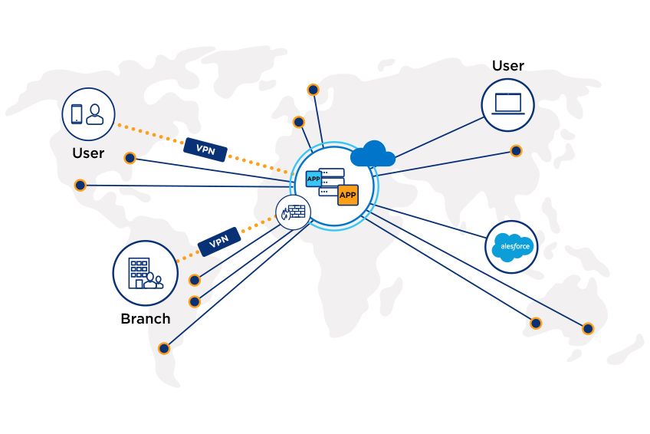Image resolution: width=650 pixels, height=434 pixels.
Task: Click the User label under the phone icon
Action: coord(88,153)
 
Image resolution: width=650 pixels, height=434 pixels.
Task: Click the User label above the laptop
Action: coord(508,66)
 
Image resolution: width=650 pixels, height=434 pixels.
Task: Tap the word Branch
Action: coord(146,318)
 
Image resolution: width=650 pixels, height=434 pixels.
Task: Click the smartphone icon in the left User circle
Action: coord(77,113)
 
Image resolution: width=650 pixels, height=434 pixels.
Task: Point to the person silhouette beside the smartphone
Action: coord(95,114)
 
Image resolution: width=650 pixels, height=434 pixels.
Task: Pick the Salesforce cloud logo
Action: coord(512,247)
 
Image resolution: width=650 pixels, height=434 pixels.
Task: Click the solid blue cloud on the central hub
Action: coord(373,154)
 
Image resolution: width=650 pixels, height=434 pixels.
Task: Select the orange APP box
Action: coord(348,195)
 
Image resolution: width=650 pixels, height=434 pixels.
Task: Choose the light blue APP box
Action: coord(314,179)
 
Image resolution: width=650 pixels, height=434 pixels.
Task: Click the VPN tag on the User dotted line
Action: coord(205,148)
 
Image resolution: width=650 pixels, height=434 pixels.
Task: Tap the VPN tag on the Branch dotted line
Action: coord(219,242)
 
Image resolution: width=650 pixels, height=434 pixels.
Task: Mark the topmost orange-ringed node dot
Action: coord(313,90)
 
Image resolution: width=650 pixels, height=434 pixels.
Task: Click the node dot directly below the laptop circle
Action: coord(517,151)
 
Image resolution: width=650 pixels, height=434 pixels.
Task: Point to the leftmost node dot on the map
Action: coord(80,185)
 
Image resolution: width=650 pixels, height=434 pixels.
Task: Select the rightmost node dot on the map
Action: coord(588,328)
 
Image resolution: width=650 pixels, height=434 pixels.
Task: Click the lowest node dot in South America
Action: coord(163,348)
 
